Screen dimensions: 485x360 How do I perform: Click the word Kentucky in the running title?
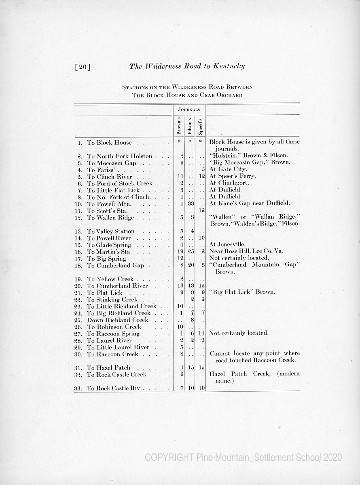click(x=226, y=66)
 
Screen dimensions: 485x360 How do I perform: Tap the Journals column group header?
click(x=189, y=110)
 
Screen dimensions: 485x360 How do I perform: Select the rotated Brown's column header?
click(x=179, y=126)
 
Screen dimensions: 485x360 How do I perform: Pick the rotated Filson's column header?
click(x=189, y=126)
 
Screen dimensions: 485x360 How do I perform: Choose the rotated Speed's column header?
click(x=200, y=126)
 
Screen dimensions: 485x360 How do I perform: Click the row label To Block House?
click(x=109, y=143)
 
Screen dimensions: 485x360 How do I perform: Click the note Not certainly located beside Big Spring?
click(x=239, y=258)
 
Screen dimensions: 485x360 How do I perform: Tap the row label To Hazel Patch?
click(x=108, y=368)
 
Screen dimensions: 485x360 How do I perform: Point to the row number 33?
click(x=79, y=388)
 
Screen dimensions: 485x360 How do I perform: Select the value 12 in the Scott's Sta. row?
click(x=201, y=211)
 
